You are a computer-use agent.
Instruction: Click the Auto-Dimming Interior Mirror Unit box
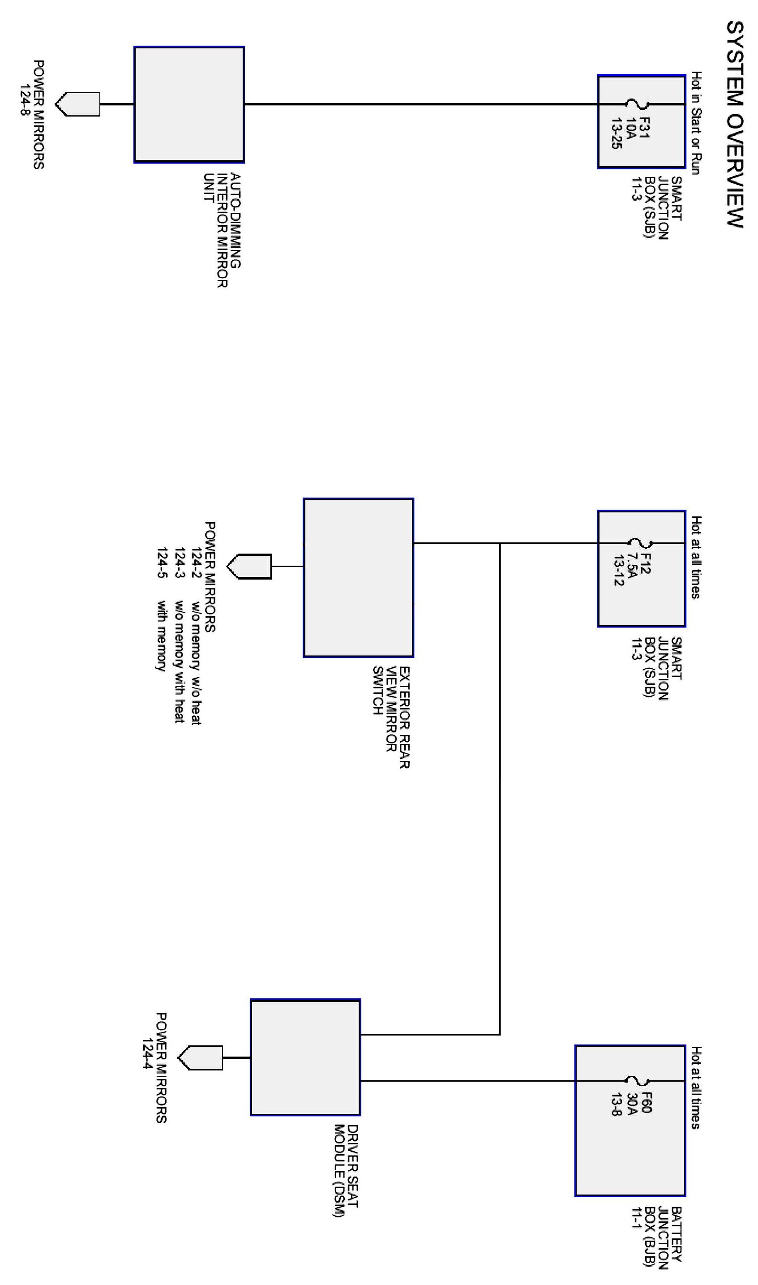[x=189, y=105]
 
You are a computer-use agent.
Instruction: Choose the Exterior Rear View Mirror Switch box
[x=358, y=577]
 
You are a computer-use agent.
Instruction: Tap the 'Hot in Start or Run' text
[x=696, y=123]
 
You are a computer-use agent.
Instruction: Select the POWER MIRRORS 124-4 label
[x=155, y=1068]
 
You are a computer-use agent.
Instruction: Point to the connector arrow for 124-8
[x=77, y=104]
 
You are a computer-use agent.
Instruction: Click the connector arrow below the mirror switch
[x=249, y=566]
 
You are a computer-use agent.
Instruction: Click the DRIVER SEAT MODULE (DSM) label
[x=346, y=1170]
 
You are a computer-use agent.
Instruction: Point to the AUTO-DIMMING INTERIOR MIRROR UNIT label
[x=222, y=230]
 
